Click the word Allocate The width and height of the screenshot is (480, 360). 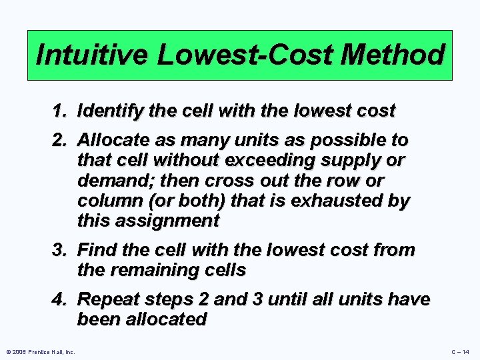click(x=109, y=141)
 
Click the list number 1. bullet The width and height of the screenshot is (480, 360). click(x=62, y=111)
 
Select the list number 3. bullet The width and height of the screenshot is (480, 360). click(x=62, y=251)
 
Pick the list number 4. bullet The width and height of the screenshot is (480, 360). click(x=62, y=301)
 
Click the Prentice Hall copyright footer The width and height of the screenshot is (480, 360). click(x=41, y=352)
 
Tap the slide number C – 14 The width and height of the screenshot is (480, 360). click(x=460, y=352)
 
